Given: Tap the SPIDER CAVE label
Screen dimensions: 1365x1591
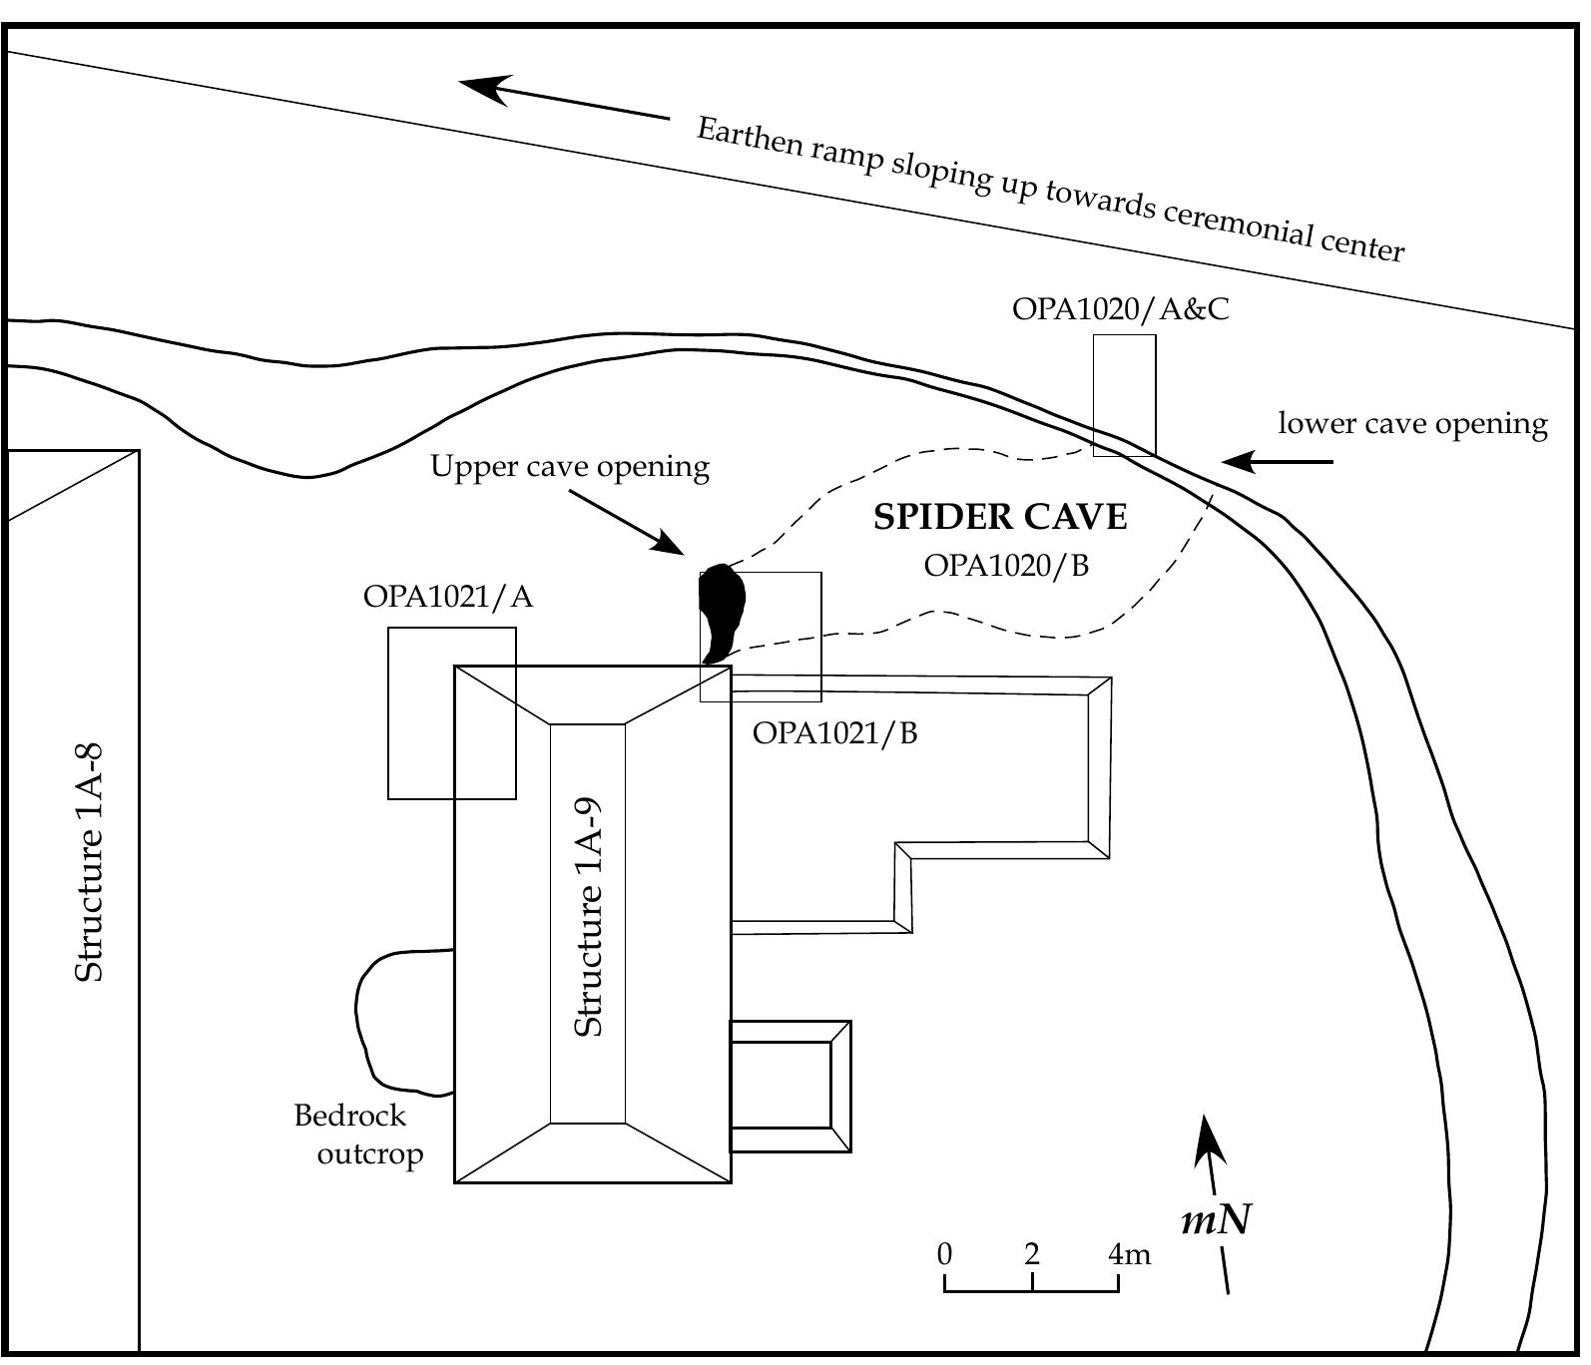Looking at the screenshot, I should (x=1000, y=518).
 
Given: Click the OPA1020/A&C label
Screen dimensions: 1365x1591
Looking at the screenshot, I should (x=1120, y=309).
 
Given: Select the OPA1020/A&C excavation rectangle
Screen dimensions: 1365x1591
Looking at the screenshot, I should (x=1124, y=394).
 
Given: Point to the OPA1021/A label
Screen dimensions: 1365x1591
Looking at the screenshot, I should (x=447, y=597).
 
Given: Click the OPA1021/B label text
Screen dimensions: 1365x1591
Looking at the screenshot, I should (x=834, y=733).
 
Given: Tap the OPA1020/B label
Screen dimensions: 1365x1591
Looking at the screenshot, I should (x=1005, y=566).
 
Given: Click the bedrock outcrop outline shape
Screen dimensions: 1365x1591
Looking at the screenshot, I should (x=399, y=1018).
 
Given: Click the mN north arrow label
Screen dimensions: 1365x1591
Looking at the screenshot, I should (x=1216, y=1219).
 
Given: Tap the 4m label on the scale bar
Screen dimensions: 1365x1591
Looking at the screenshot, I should (x=1129, y=1254).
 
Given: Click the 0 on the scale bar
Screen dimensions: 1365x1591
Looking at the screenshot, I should (x=944, y=1254).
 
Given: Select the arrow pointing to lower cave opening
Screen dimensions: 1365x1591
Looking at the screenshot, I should (x=1277, y=462).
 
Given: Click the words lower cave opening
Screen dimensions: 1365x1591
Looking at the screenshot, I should (x=1412, y=424).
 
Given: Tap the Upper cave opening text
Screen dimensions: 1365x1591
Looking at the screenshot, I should (x=569, y=467).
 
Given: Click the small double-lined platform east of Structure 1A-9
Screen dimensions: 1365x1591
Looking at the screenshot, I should (x=790, y=1086).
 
